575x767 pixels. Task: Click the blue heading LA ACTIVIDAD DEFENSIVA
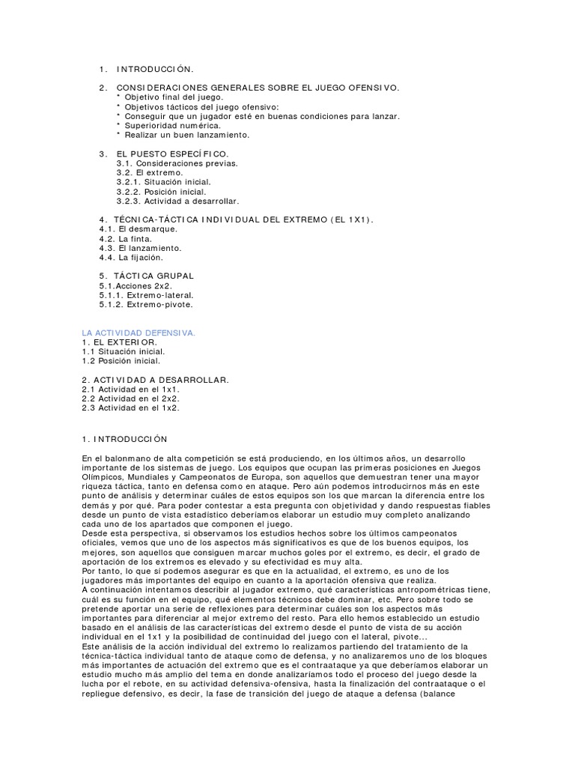[x=138, y=332]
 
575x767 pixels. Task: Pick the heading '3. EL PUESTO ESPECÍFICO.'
[x=164, y=154]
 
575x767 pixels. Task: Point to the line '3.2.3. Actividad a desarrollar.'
[x=177, y=201]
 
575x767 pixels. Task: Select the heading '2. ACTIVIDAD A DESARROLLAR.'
[x=155, y=380]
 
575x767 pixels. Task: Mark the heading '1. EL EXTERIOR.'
[x=120, y=342]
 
